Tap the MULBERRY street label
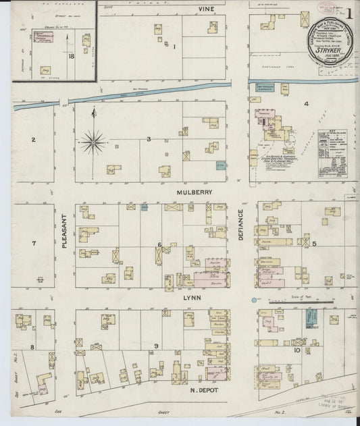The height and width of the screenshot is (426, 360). pos(195,192)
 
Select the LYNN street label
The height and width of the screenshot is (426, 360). pos(193,296)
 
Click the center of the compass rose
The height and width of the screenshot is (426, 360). pos(92,142)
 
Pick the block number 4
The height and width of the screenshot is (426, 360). pos(306,104)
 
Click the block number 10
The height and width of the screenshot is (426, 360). pos(297,350)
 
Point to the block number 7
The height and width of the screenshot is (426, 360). pos(32,242)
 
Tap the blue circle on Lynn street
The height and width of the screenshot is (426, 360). pos(255,299)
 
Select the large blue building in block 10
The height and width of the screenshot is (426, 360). pos(312,317)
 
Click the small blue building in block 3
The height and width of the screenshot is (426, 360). pos(220,164)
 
